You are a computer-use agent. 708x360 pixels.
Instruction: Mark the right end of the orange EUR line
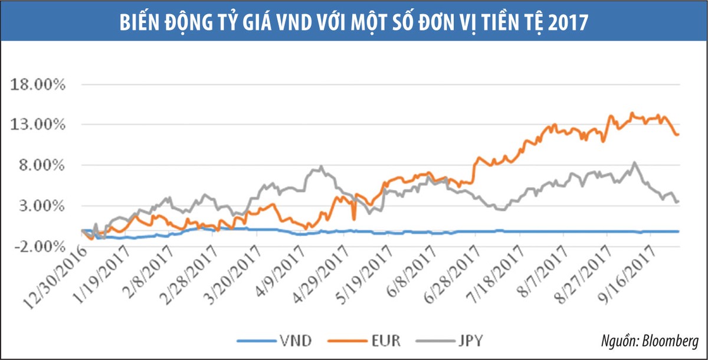pos(678,135)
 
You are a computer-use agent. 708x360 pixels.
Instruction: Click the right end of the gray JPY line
pos(678,201)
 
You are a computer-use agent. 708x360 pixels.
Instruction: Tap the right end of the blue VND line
pos(678,231)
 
